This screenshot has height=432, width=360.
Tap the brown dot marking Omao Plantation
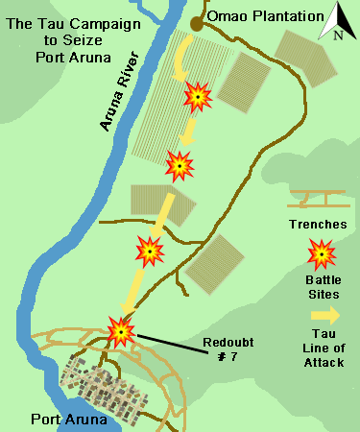click(196, 21)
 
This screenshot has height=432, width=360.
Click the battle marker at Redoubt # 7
click(121, 332)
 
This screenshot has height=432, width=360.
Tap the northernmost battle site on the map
click(198, 95)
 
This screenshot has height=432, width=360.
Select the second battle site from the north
click(180, 167)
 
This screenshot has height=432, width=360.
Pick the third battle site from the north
click(149, 252)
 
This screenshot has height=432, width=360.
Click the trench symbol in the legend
click(316, 199)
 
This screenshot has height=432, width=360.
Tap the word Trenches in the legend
click(316, 224)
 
